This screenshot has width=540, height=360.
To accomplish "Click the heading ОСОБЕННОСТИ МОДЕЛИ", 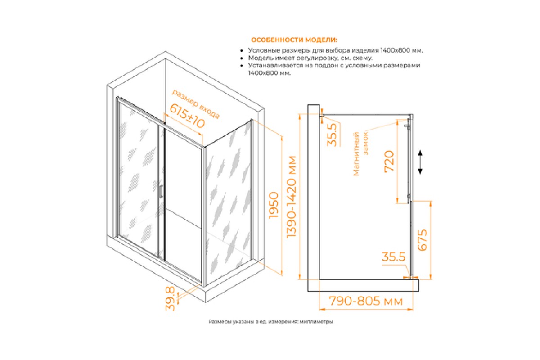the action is pos(294,40).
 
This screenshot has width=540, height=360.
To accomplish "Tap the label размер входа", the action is pos(195,104).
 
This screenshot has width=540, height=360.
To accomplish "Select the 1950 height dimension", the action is pos(274,205).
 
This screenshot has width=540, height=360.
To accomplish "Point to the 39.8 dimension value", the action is pos(170,298).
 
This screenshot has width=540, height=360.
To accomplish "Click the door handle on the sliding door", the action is pos(161,191).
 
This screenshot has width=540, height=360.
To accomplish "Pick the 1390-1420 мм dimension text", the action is pos(292,197).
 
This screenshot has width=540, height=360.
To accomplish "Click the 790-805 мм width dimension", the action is pos(366,301).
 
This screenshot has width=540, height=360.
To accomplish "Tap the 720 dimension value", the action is pos(389,161).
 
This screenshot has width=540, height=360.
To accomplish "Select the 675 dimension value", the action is pos(422,240).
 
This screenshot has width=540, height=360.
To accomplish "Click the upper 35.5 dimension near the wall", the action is pos(332,135).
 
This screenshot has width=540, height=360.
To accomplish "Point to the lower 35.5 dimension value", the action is pos(394,257).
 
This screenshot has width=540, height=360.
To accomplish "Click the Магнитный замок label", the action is pos(360,153).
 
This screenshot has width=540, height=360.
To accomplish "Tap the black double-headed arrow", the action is pos(420,162).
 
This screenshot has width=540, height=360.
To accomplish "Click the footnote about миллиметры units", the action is pos(270,322).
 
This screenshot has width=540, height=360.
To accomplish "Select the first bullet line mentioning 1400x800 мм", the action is pos(336,51).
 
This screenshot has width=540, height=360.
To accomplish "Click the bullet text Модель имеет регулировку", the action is pos(310,58).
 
